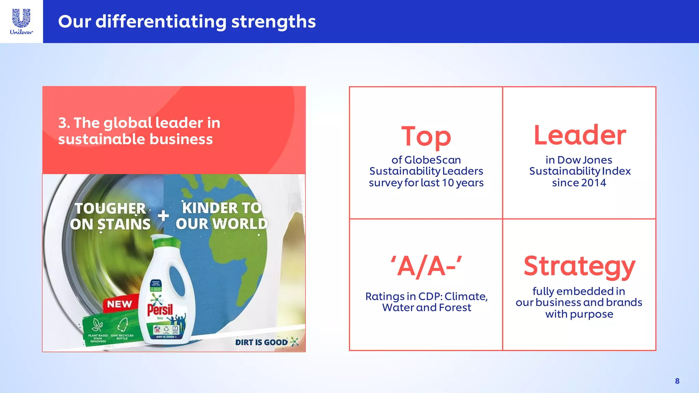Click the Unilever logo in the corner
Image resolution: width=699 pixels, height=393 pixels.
21,21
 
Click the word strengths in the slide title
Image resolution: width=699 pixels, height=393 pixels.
273,22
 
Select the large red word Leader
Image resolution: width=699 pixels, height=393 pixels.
580,135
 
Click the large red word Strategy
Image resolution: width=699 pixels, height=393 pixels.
579,266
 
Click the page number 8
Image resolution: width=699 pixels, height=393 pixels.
677,381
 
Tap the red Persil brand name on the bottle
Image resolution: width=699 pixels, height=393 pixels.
160,309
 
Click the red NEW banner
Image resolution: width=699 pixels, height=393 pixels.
119,304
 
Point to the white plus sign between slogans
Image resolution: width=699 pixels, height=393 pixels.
163,216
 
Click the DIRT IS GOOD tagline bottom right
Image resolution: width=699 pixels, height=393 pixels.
261,342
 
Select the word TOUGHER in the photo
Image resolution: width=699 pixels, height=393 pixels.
110,208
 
